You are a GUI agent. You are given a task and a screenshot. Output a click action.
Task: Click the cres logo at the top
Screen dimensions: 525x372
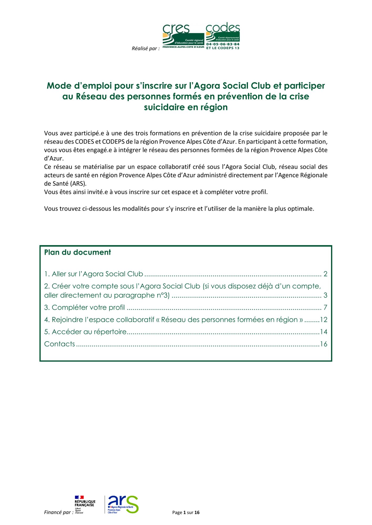pyautogui.click(x=183, y=36)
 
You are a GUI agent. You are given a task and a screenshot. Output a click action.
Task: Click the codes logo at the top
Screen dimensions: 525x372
pyautogui.click(x=223, y=36)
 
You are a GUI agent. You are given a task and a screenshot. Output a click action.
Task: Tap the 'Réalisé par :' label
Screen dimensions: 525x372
pyautogui.click(x=146, y=49)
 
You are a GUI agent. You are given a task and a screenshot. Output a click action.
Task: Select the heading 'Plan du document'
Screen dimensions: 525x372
pyautogui.click(x=78, y=252)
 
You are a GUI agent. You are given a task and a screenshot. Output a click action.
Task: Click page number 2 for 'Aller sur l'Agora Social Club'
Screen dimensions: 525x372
pyautogui.click(x=325, y=274)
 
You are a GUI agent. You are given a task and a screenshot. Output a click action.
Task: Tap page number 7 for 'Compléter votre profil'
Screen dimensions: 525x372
pyautogui.click(x=325, y=307)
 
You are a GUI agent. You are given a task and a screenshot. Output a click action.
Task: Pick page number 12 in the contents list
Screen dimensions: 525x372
pyautogui.click(x=324, y=320)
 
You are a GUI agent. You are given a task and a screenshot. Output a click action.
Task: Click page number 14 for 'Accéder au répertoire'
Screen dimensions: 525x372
pyautogui.click(x=324, y=332)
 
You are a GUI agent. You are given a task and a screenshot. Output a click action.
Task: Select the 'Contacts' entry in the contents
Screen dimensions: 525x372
pyautogui.click(x=60, y=344)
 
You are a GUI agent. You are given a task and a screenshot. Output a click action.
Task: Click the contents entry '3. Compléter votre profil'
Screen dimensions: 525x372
pyautogui.click(x=84, y=307)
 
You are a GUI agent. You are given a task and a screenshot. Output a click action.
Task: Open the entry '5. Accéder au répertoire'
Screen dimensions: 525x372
pyautogui.click(x=85, y=332)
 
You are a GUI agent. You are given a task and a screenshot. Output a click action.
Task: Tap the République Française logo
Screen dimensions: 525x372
pyautogui.click(x=85, y=504)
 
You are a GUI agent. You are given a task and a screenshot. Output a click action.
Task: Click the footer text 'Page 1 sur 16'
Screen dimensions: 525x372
pyautogui.click(x=186, y=512)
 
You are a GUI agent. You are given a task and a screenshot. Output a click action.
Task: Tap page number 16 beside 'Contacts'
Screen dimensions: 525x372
pyautogui.click(x=324, y=344)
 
